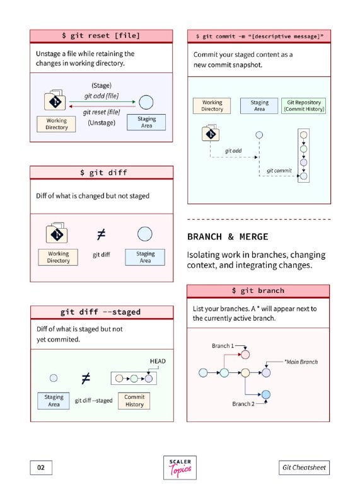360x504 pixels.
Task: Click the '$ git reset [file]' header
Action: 101,36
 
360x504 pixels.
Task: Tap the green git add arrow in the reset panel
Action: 102,102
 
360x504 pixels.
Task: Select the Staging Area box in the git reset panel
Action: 146,122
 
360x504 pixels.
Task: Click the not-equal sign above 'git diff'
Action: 101,234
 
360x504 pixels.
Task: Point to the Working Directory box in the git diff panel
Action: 58,257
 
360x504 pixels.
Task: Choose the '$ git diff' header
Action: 102,173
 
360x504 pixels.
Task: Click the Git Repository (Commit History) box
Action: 304,106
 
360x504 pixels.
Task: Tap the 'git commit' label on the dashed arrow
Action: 279,171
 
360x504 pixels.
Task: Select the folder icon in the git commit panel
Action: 211,133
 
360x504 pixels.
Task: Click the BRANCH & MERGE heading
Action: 228,237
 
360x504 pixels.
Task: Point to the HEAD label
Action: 158,361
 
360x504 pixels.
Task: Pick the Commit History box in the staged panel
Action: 134,401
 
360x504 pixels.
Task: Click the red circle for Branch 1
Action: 245,355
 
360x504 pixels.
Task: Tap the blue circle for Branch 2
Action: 266,394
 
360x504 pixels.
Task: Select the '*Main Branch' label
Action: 301,362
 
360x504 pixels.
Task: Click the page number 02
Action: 41,467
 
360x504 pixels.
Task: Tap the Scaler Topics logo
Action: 180,467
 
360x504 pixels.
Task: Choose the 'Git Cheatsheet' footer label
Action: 304,467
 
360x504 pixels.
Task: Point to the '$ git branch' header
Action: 258,291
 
